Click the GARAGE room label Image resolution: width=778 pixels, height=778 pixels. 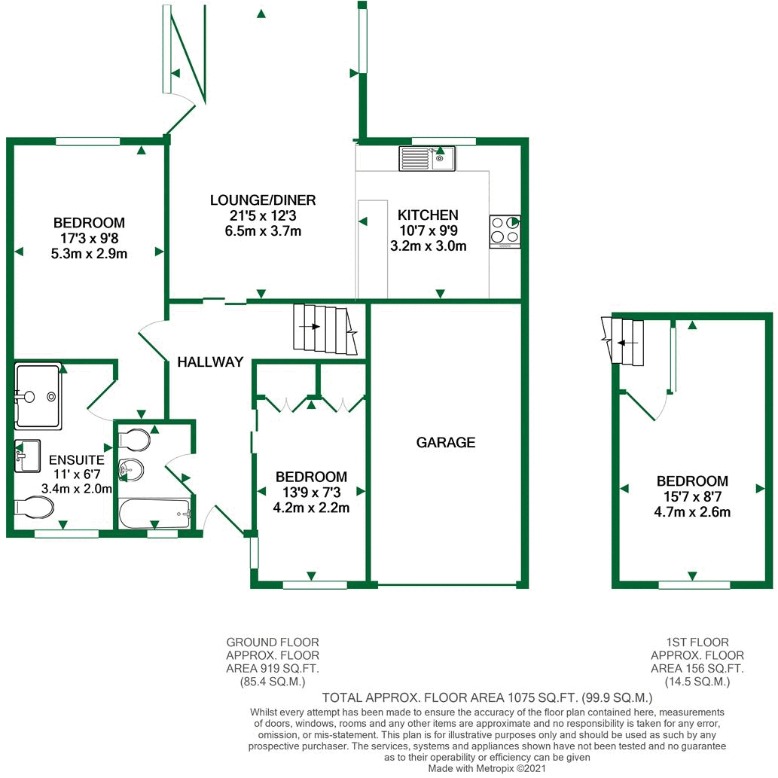446,442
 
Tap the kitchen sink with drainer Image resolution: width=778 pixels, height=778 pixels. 427,158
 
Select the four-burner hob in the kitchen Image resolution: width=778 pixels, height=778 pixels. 505,231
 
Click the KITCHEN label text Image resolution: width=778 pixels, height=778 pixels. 428,215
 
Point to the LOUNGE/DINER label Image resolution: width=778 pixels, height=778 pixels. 262,200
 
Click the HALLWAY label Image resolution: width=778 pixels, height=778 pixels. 210,362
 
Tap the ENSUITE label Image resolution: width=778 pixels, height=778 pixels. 76,460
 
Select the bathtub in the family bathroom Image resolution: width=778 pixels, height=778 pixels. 155,514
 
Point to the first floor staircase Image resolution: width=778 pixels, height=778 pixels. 625,341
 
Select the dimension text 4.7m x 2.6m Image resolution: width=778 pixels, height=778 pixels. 692,512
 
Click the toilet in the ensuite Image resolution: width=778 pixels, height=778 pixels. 35,509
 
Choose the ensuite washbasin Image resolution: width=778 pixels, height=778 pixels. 27,456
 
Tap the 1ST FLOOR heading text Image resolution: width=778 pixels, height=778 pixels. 697,642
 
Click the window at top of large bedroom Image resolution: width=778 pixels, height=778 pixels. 88,141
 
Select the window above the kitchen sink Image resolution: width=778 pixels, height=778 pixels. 444,141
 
